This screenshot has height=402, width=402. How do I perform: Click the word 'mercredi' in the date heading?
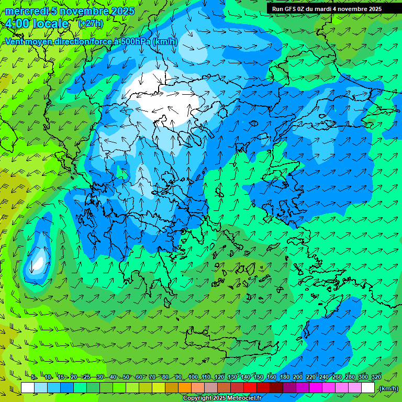[24, 11]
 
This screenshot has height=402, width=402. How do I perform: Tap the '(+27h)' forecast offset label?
[91, 24]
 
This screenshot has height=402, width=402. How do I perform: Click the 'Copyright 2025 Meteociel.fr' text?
[222, 398]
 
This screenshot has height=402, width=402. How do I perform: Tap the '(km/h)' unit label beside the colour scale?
[388, 388]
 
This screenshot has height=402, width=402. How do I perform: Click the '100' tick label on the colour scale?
[193, 377]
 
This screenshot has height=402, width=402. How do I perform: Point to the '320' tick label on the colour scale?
[376, 377]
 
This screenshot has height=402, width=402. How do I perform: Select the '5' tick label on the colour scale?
[33, 377]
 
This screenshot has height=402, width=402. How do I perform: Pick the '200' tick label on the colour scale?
[298, 377]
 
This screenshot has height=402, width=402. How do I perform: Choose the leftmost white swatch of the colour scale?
[28, 388]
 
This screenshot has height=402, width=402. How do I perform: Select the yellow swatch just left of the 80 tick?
[159, 388]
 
